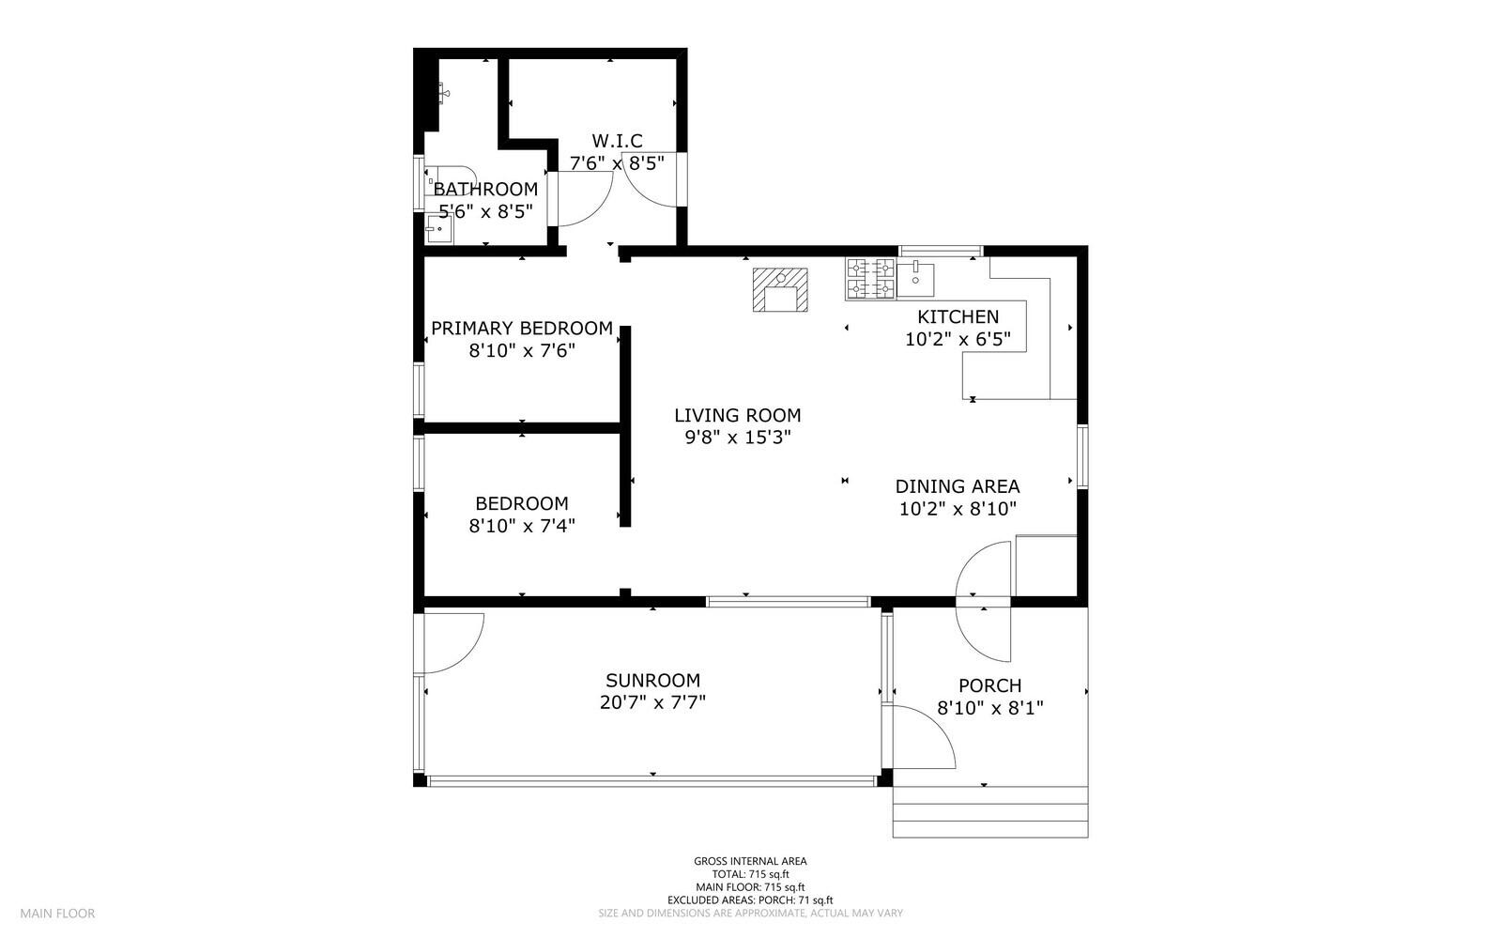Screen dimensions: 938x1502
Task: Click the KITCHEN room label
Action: pyautogui.click(x=958, y=316)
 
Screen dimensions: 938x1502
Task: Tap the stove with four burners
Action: pyautogui.click(x=870, y=279)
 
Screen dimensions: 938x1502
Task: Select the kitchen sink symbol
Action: pyautogui.click(x=915, y=277)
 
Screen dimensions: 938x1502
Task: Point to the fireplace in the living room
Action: pyautogui.click(x=780, y=289)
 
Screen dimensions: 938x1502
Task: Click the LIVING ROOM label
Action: pyautogui.click(x=737, y=415)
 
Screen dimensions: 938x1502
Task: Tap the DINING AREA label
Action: pyautogui.click(x=957, y=486)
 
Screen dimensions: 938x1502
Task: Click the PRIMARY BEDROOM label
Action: pyautogui.click(x=521, y=329)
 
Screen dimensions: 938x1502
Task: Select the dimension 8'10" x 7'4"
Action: pyautogui.click(x=521, y=526)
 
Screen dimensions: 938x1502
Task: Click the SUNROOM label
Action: pyautogui.click(x=652, y=681)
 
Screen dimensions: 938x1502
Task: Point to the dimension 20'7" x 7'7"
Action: pyautogui.click(x=652, y=702)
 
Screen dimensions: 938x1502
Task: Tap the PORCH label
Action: pyautogui.click(x=989, y=685)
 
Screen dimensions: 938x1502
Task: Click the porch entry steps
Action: pyautogui.click(x=989, y=812)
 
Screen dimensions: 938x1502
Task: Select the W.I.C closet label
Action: pyautogui.click(x=617, y=141)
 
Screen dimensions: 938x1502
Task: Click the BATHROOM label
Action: pyautogui.click(x=485, y=189)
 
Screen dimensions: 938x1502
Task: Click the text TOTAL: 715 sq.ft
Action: pyautogui.click(x=750, y=874)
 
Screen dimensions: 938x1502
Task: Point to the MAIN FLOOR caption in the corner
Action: pyautogui.click(x=57, y=913)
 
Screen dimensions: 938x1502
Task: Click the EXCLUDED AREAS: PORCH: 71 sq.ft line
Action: pyautogui.click(x=750, y=900)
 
